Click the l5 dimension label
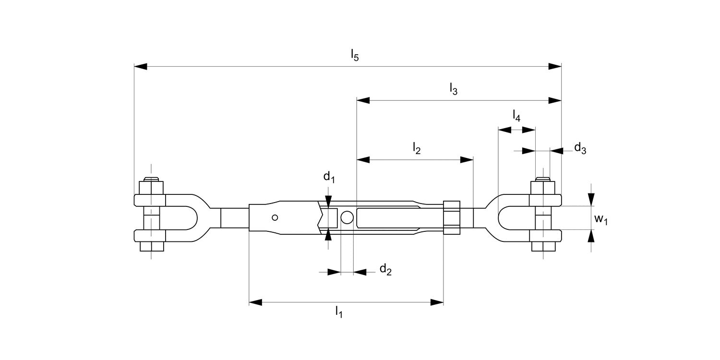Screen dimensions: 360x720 (x=354, y=55)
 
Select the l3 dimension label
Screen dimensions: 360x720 (x=454, y=88)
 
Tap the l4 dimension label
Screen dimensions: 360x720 (x=516, y=116)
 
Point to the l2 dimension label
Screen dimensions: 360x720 (x=417, y=148)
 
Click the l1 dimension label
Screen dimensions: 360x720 (x=339, y=312)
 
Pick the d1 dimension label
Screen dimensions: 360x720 (x=329, y=178)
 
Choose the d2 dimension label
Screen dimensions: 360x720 (x=385, y=270)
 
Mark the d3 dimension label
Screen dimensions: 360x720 (x=580, y=148)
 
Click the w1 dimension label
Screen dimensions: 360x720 (x=601, y=219)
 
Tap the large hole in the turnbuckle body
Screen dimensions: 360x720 (x=347, y=218)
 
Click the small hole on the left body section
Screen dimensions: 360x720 (x=275, y=218)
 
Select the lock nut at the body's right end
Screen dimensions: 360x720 (x=452, y=217)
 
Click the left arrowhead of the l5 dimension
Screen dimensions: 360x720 (x=141, y=66)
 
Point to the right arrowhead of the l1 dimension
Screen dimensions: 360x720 (x=437, y=302)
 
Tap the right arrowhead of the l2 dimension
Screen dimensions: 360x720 (x=467, y=159)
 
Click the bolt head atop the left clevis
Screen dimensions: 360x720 (x=151, y=187)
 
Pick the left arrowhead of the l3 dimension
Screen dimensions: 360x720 (x=363, y=100)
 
